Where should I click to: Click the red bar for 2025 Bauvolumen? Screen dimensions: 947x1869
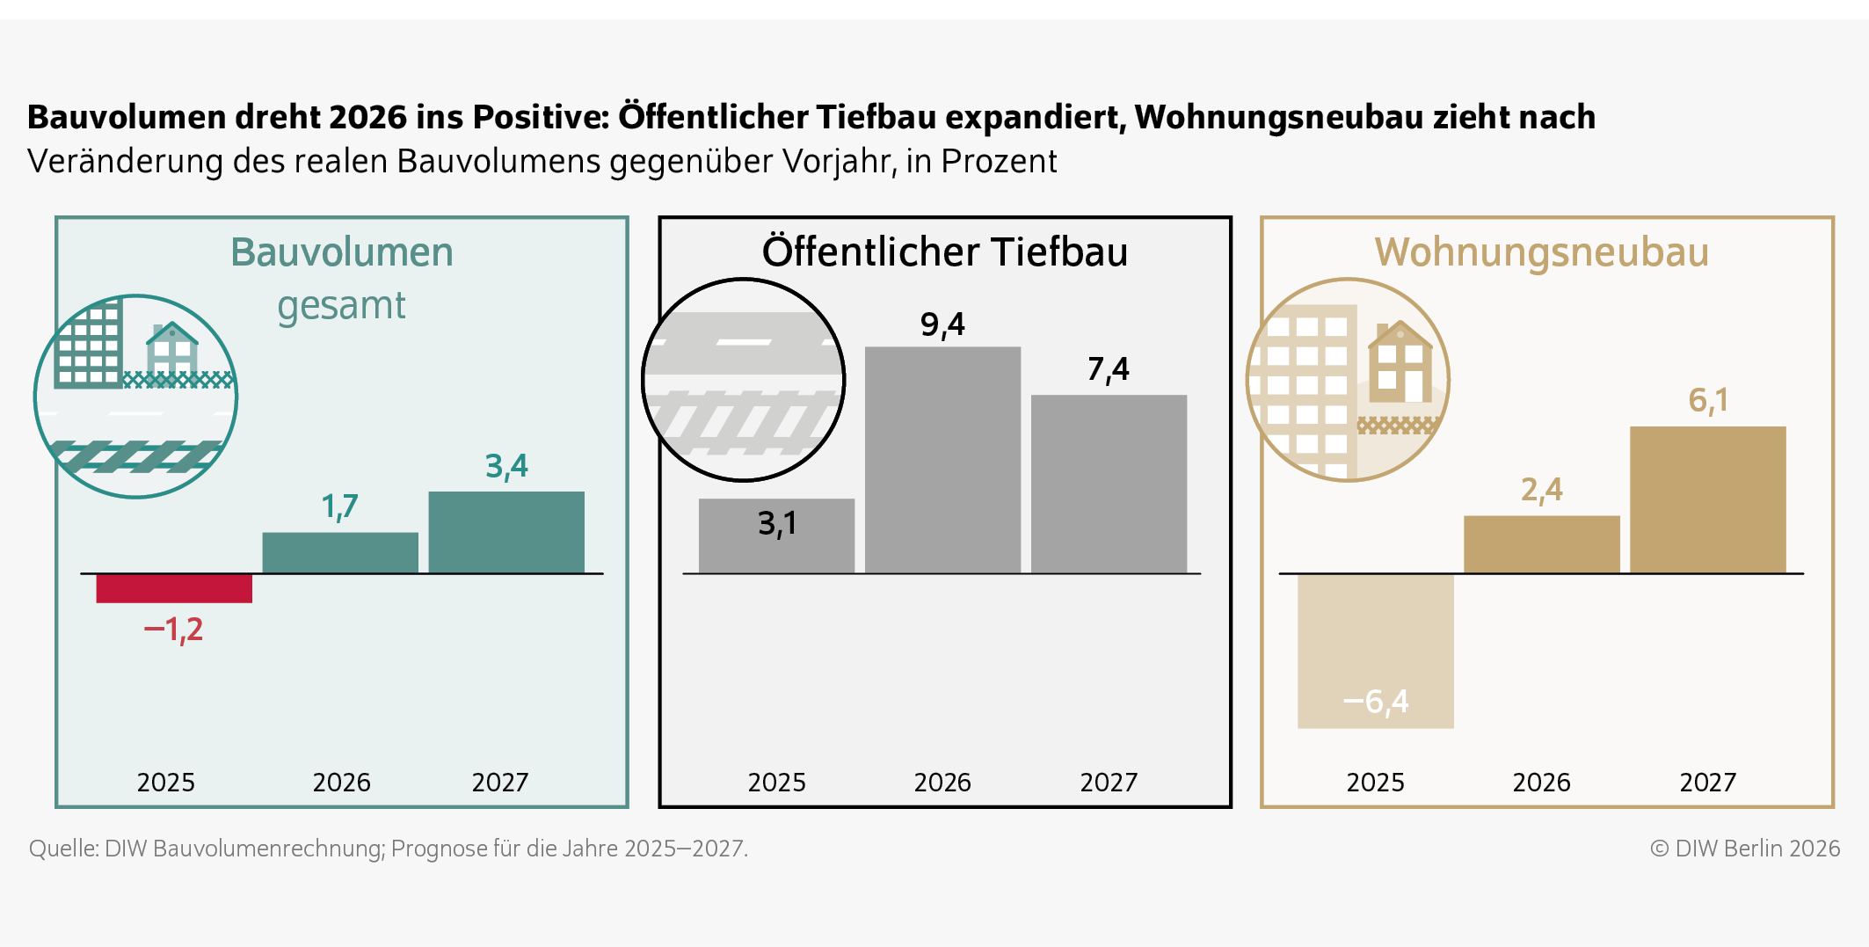[x=174, y=588]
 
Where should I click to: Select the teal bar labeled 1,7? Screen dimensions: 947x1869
[x=340, y=553]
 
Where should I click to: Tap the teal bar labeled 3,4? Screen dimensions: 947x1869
[x=506, y=532]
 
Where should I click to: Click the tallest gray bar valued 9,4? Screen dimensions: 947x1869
[x=942, y=459]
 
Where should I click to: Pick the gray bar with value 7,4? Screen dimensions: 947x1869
[x=1109, y=484]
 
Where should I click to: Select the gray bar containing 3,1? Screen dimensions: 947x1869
[x=776, y=535]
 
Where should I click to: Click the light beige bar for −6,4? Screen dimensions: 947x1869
[x=1375, y=651]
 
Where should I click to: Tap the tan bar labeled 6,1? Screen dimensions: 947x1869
[x=1707, y=499]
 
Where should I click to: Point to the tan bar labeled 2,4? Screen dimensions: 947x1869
[x=1541, y=544]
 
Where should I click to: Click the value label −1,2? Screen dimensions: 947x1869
[x=173, y=630]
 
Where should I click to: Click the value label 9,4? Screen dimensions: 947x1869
[x=942, y=325]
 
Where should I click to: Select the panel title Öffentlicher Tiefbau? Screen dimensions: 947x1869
[x=944, y=252]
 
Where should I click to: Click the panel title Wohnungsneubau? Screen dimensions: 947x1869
[x=1541, y=252]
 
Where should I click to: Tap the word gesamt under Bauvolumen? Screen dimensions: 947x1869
[x=341, y=306]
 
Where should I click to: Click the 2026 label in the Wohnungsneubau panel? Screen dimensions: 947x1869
[x=1541, y=782]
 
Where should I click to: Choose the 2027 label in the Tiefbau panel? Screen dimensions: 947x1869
[x=1109, y=782]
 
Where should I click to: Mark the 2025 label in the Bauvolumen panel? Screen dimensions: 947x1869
[x=165, y=782]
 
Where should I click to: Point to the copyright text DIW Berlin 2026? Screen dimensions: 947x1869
[x=1745, y=849]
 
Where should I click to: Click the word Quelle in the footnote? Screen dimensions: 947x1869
[x=62, y=849]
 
